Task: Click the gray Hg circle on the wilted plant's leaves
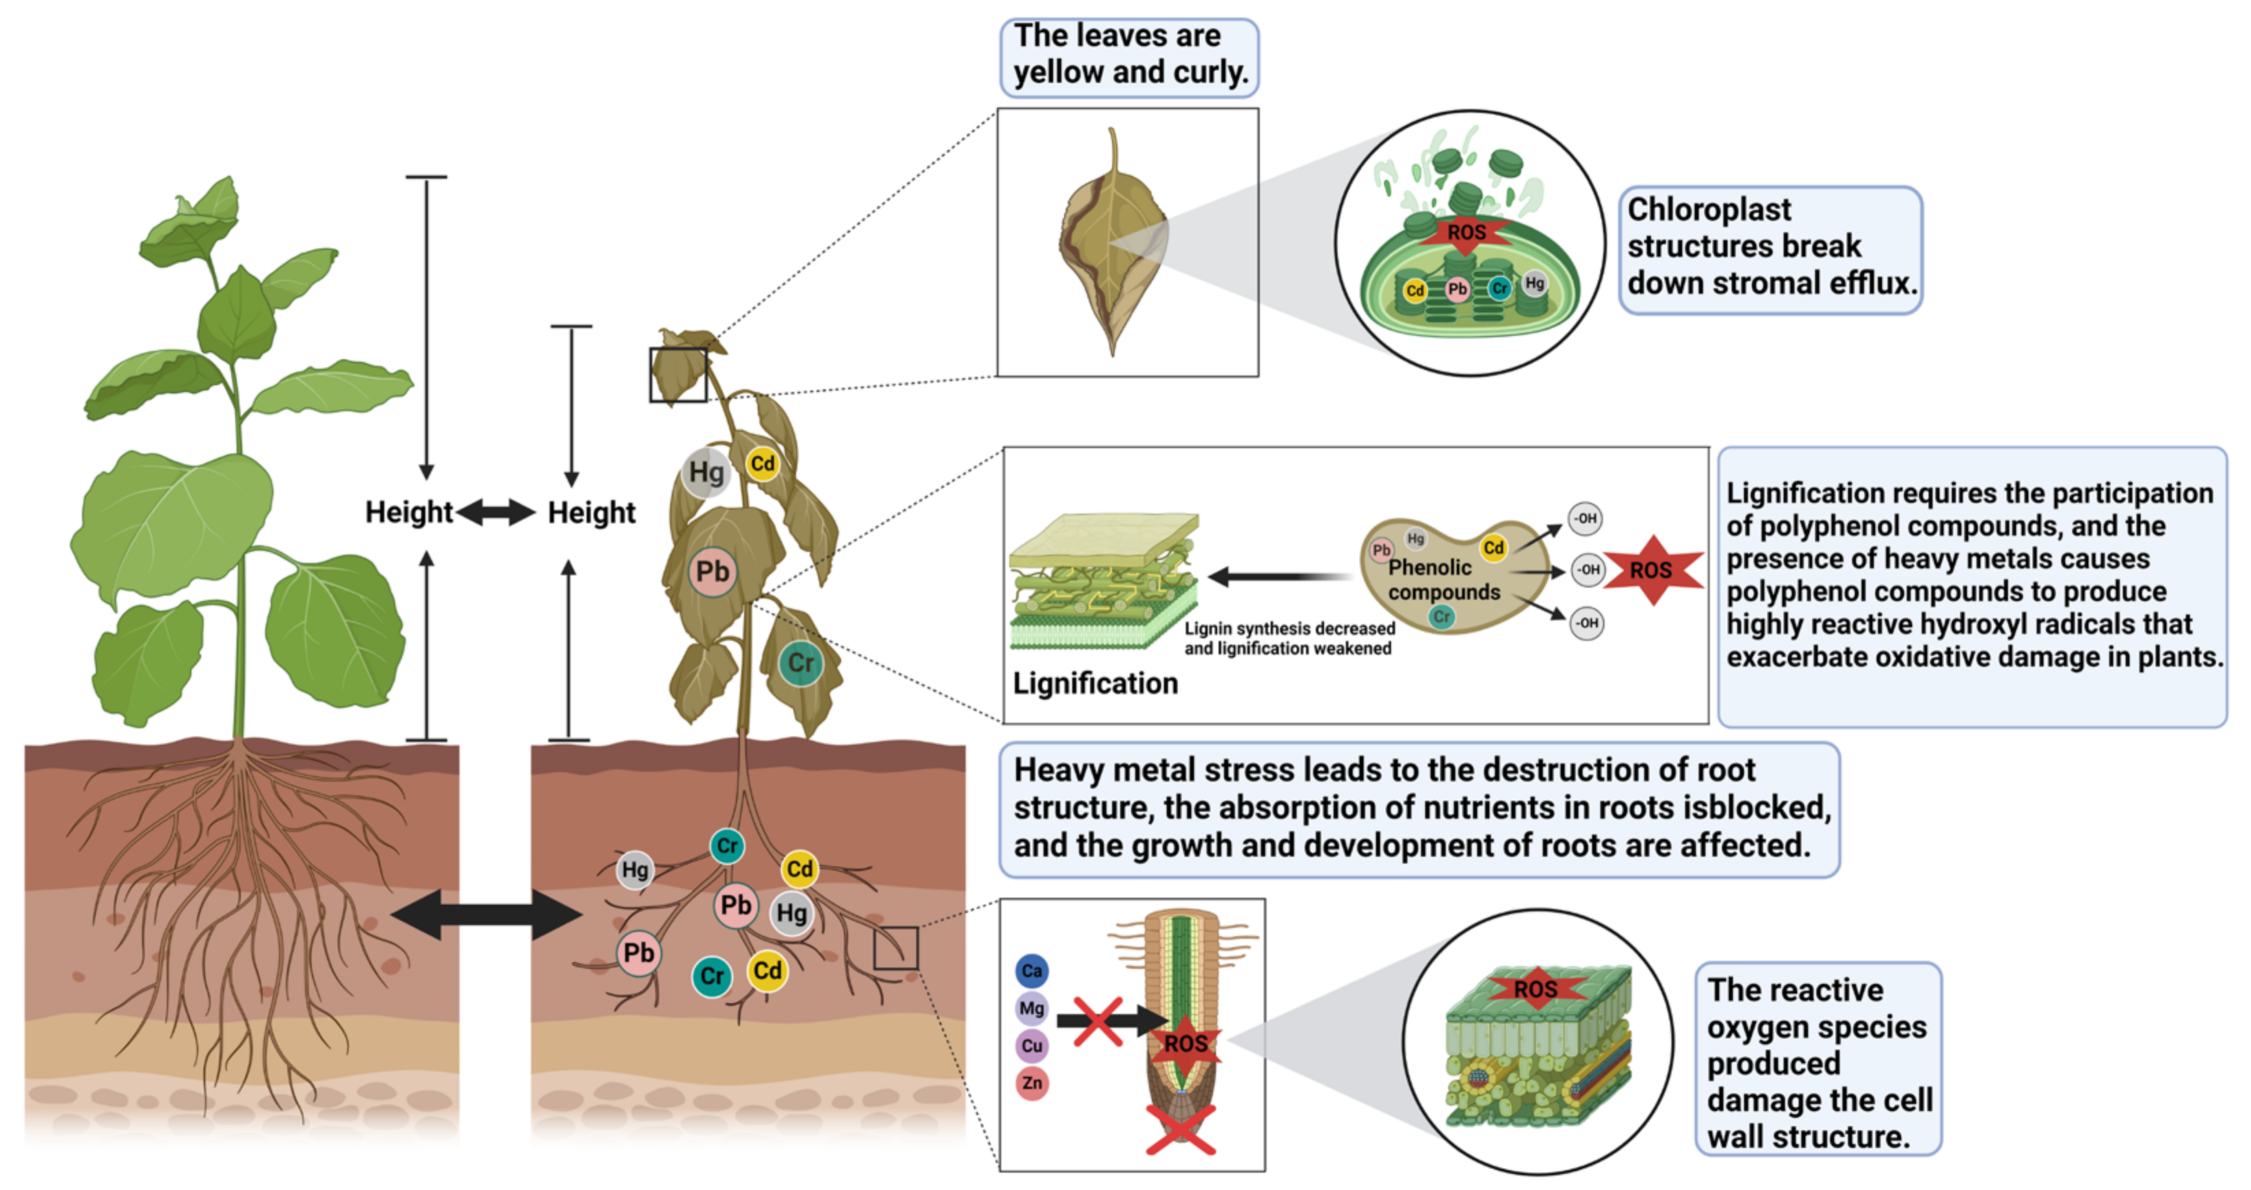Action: pos(705,473)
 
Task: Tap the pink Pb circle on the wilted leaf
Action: pos(712,572)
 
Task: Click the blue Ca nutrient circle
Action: pos(1031,970)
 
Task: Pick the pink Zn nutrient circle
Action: pos(1031,1083)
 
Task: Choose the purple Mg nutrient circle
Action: pos(1031,1008)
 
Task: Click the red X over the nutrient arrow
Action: pos(1098,1021)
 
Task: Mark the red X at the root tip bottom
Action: pos(1181,1129)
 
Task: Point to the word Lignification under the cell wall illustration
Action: pos(1095,683)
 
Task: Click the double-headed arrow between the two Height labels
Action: pos(495,512)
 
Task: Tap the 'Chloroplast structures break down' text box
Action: pos(1769,248)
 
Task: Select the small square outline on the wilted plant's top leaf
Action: pos(678,375)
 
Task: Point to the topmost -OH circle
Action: pos(1584,518)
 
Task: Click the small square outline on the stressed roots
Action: pos(896,948)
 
